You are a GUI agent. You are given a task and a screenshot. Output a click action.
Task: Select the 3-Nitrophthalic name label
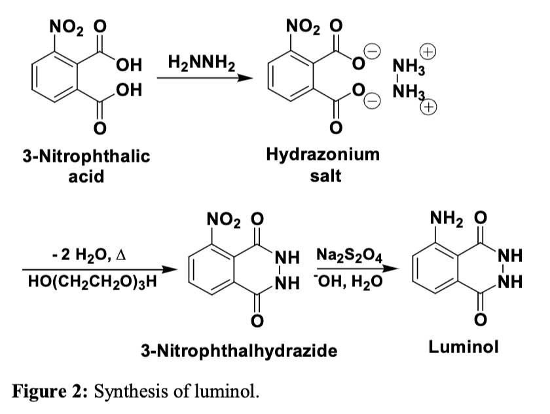pyautogui.click(x=86, y=156)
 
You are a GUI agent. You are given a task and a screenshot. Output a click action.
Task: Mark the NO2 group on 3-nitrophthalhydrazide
pyautogui.click(x=221, y=219)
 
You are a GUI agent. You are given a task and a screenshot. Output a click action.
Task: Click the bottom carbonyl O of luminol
pyautogui.click(x=481, y=319)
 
